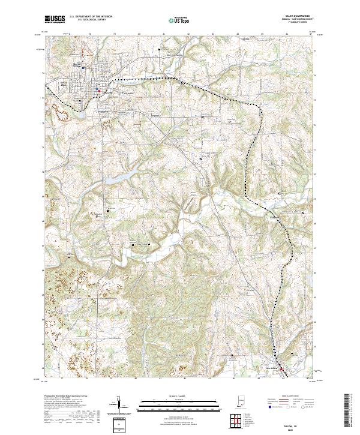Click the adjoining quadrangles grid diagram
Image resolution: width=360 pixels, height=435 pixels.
(x=235, y=422)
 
